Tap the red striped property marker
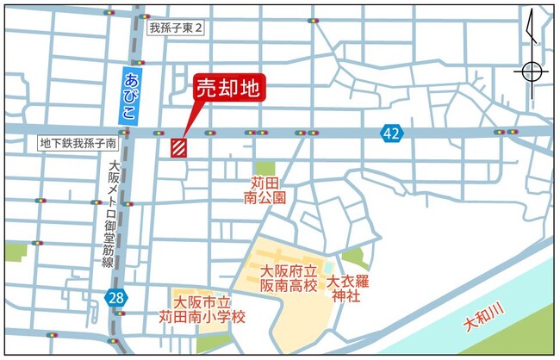pyautogui.click(x=179, y=147)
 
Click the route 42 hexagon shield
pyautogui.click(x=392, y=133)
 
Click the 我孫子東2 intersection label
pyautogui.click(x=176, y=28)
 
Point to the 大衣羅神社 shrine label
pyautogui.click(x=349, y=289)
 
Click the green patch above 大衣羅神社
pyautogui.click(x=354, y=257)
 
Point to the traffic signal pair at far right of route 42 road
pyautogui.click(x=506, y=132)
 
